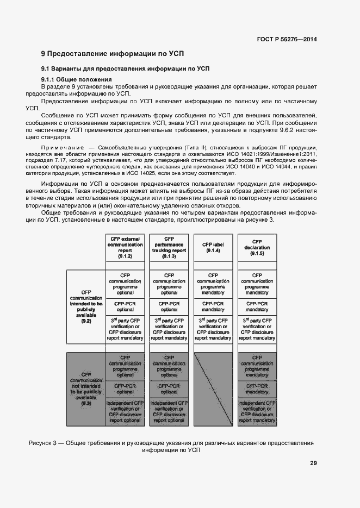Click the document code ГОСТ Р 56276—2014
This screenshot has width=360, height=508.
tap(287, 39)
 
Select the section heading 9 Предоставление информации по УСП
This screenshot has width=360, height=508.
tap(113, 54)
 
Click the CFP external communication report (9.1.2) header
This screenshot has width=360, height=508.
tap(125, 247)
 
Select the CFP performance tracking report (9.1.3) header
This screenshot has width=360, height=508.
tap(169, 247)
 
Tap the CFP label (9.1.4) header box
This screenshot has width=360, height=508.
tap(213, 247)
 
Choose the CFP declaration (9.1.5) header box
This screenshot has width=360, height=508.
tap(257, 247)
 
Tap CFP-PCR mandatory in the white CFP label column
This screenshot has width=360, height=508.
tap(213, 307)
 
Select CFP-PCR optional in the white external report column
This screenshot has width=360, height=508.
tap(125, 307)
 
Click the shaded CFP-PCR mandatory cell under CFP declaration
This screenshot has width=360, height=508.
tap(257, 388)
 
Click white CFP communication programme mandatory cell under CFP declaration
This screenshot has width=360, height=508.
tap(257, 284)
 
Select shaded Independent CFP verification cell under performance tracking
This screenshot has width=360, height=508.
tap(169, 412)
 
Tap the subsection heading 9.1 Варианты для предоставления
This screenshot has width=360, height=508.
tap(126, 68)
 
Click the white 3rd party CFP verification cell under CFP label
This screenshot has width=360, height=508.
tap(213, 329)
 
